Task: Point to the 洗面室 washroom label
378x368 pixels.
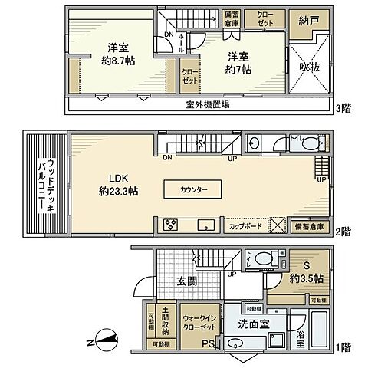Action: click(252, 324)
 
